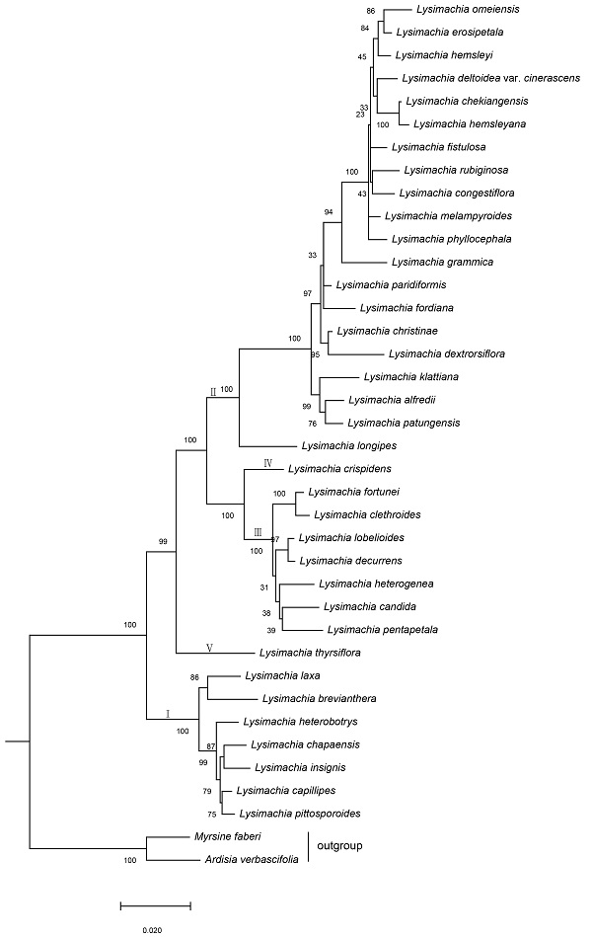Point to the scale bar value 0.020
152,929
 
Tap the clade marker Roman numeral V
210,648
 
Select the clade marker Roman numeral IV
267,462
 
